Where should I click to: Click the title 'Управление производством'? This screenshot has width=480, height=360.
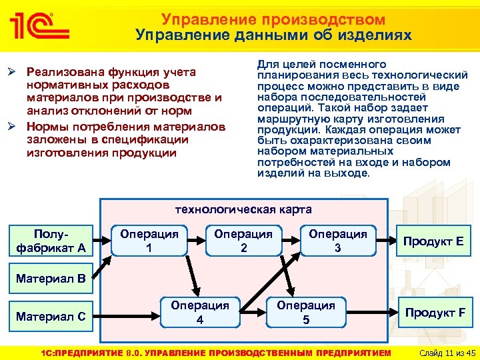[x=273, y=19]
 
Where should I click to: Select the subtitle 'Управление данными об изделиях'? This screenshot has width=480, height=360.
[x=273, y=35]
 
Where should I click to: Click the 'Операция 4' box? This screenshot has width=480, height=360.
[x=200, y=311]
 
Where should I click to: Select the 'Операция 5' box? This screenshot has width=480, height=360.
[x=306, y=311]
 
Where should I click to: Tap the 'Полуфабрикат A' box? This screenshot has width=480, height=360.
[x=50, y=241]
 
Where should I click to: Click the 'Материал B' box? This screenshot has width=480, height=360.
[x=50, y=279]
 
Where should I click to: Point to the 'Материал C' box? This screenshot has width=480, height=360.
[x=50, y=316]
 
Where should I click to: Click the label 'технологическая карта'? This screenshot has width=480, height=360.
[x=243, y=209]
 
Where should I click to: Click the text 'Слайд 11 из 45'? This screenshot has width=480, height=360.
[x=443, y=352]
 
